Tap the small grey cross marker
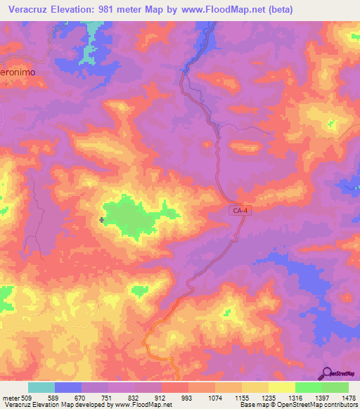click(103, 221)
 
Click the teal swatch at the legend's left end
click(41, 387)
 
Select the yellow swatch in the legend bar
click(281, 387)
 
